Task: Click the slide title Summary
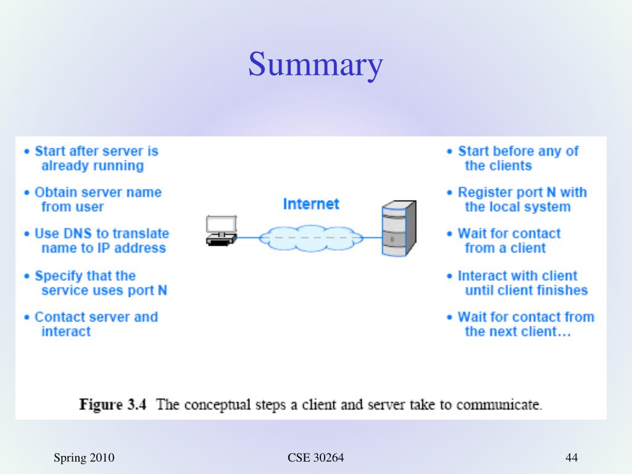315,65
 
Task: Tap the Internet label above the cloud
311,204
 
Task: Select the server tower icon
398,228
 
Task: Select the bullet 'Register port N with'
522,193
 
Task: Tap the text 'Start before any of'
518,151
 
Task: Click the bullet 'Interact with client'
517,276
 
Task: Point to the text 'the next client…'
518,332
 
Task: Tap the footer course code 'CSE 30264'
315,457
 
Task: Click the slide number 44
571,457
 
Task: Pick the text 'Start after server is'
96,151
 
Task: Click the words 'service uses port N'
104,290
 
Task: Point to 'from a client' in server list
505,248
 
